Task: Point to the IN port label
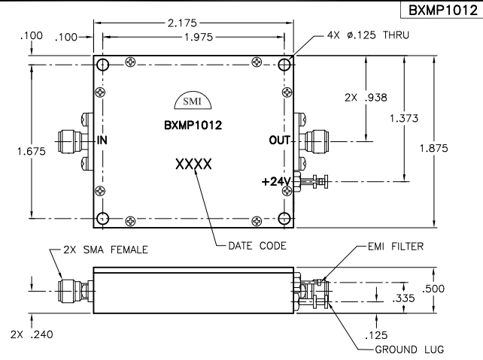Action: (102, 140)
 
